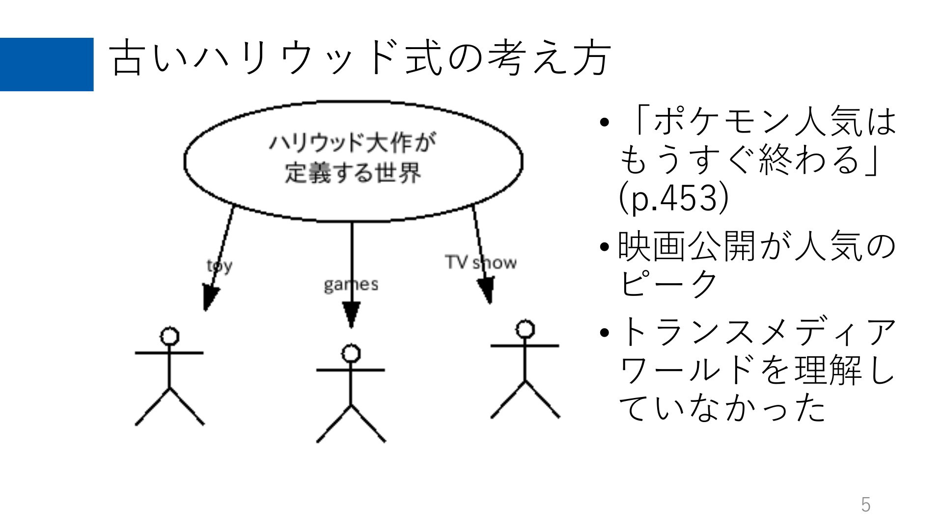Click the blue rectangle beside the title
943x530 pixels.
(x=47, y=64)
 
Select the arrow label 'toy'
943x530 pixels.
(x=220, y=266)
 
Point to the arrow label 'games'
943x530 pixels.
(x=351, y=285)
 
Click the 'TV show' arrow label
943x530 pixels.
(x=481, y=262)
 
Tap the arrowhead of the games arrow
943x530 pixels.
(x=351, y=315)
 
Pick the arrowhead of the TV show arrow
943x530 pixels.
(x=486, y=290)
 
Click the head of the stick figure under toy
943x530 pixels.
(x=169, y=337)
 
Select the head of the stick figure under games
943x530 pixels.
(x=351, y=353)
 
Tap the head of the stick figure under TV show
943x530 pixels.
(x=525, y=329)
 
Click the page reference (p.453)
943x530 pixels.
(x=673, y=197)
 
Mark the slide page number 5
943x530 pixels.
(x=866, y=505)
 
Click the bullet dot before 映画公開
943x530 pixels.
(x=605, y=246)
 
